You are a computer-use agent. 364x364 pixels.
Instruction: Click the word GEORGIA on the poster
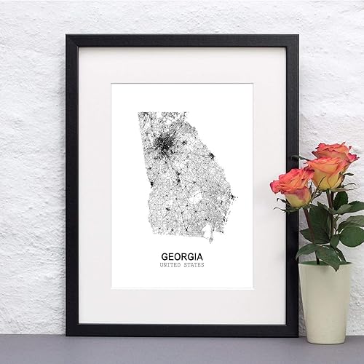pos(183,257)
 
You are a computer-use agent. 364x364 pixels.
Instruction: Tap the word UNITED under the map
pos(171,265)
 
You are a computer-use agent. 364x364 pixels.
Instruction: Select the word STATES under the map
pos(193,265)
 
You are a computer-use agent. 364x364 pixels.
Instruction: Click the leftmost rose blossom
pos(291,187)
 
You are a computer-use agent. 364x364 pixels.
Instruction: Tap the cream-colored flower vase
pos(324,298)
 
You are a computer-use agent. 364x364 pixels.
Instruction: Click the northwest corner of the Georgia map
pos(139,114)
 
